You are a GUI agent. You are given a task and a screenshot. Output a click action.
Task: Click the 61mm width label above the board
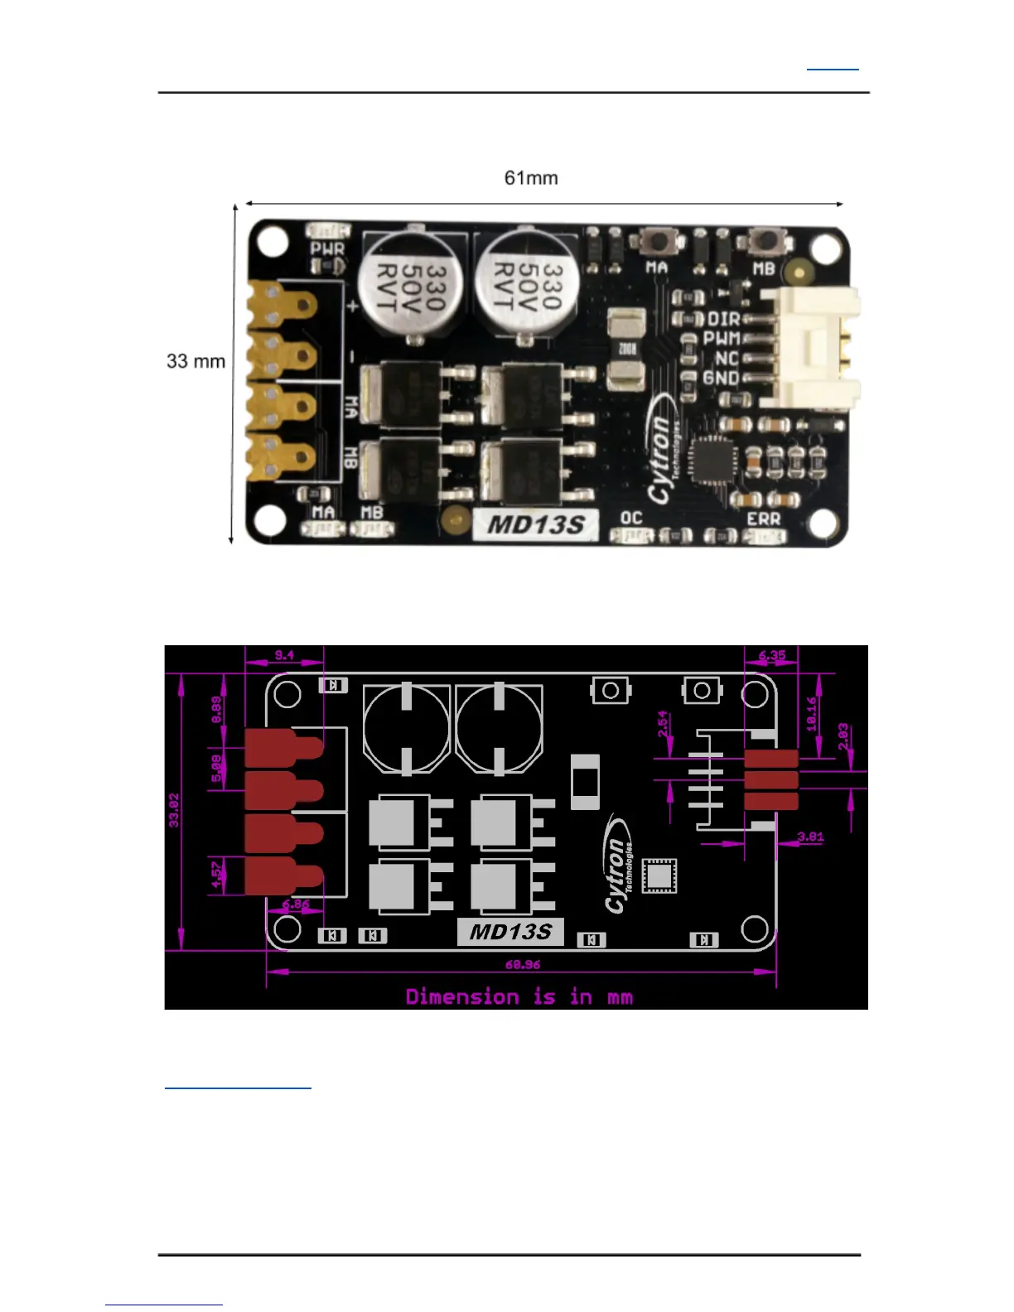click(x=531, y=178)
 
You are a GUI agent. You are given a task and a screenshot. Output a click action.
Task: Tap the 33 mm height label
click(x=196, y=361)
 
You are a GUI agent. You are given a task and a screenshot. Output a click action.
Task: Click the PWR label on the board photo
click(x=327, y=248)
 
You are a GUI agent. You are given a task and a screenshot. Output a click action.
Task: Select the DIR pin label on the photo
click(x=723, y=319)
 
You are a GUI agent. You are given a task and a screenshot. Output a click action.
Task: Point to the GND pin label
click(x=721, y=379)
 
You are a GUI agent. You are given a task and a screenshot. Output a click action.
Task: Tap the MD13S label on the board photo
click(x=536, y=525)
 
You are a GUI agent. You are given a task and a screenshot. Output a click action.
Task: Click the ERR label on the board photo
click(x=763, y=519)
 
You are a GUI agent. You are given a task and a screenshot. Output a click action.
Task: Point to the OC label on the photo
click(x=631, y=518)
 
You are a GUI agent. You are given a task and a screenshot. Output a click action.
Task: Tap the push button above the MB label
click(x=764, y=242)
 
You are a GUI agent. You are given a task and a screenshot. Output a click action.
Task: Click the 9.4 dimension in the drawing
click(x=284, y=655)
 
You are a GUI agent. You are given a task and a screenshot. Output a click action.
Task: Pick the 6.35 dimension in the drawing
click(x=771, y=655)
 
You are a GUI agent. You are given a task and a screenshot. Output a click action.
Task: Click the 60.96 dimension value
click(x=523, y=964)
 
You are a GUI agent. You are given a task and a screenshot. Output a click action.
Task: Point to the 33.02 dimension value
click(x=174, y=810)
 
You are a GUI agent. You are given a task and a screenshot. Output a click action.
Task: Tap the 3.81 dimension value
click(x=810, y=837)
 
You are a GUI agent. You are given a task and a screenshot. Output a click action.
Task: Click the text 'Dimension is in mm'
click(x=519, y=996)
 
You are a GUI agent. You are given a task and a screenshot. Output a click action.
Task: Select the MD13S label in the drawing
click(x=510, y=932)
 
